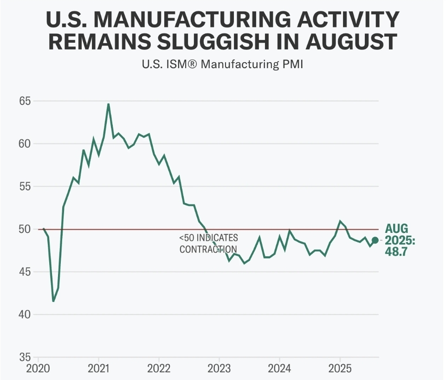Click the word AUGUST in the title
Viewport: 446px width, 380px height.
click(351, 41)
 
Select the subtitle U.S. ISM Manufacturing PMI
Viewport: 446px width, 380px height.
click(222, 64)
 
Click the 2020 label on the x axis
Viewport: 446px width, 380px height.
click(38, 369)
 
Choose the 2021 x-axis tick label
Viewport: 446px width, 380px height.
click(98, 369)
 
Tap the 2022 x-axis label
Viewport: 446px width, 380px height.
click(159, 369)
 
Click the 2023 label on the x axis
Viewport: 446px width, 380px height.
click(219, 369)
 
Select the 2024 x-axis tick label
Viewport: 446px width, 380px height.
click(279, 369)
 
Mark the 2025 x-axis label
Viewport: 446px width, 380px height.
click(340, 369)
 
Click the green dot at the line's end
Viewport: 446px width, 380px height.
click(375, 240)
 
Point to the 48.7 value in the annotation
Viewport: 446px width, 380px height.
click(396, 251)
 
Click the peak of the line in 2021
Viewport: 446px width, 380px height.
click(109, 104)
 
